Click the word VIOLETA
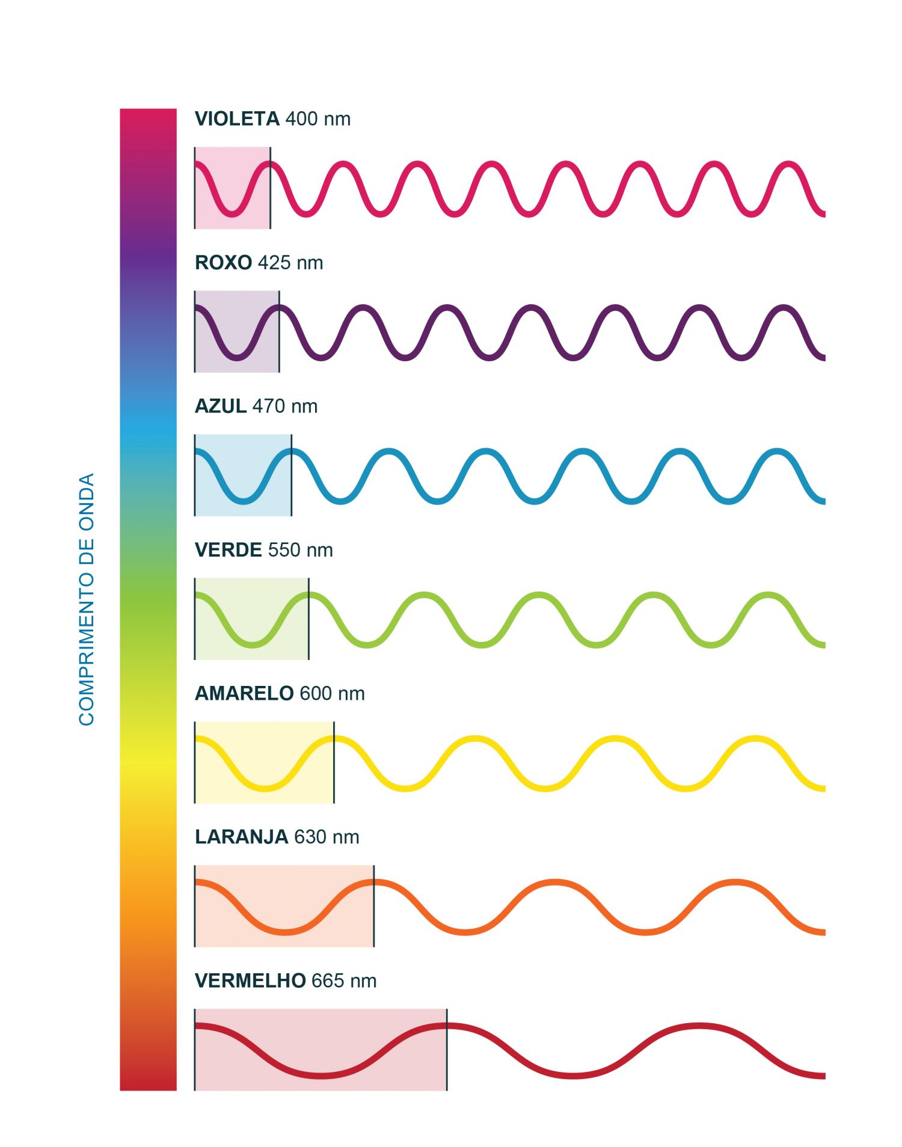(x=237, y=119)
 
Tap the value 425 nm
(x=290, y=263)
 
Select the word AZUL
(x=220, y=406)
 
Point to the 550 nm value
(x=300, y=550)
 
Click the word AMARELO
(x=244, y=693)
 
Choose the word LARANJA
(x=241, y=837)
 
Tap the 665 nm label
(x=343, y=980)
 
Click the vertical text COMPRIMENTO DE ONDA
(x=87, y=599)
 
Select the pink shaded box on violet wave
(x=232, y=188)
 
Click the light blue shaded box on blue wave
(x=243, y=475)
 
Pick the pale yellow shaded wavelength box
(x=264, y=762)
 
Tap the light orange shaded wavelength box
(x=284, y=905)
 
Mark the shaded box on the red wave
(x=321, y=1049)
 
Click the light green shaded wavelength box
(x=251, y=619)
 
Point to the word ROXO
(x=223, y=263)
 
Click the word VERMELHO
(x=250, y=980)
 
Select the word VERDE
(x=228, y=550)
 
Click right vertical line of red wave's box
(x=447, y=1049)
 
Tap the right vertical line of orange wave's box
(x=374, y=905)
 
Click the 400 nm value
(x=318, y=119)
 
